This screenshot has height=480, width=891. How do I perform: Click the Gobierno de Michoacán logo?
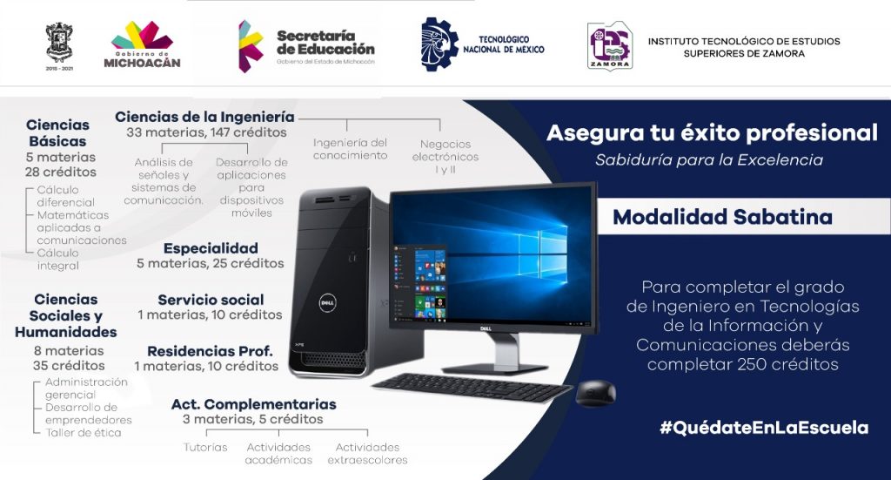(142, 44)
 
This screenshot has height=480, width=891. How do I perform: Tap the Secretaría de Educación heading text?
(325, 43)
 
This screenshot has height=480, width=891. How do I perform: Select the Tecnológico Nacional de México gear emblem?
(439, 44)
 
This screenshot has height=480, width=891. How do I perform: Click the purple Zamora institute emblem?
(610, 45)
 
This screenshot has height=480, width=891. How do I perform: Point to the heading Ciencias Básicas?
(58, 133)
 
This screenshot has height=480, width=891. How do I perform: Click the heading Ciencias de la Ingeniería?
(204, 117)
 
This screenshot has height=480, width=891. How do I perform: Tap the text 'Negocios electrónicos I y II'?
(445, 157)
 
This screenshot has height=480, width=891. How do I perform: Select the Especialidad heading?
(211, 248)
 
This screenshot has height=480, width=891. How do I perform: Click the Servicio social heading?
(211, 300)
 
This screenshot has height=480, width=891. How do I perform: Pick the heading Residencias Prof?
(210, 351)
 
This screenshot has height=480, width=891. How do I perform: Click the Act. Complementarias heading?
(253, 404)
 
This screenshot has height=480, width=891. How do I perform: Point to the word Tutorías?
(205, 448)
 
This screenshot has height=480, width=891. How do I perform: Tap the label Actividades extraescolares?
(368, 453)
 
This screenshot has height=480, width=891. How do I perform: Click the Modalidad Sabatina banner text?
(723, 217)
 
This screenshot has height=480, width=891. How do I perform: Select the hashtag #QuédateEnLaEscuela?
(764, 427)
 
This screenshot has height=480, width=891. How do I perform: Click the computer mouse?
(595, 393)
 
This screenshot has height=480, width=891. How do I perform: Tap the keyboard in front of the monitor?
(472, 388)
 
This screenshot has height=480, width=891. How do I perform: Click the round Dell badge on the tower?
(327, 303)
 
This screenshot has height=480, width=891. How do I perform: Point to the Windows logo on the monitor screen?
(543, 250)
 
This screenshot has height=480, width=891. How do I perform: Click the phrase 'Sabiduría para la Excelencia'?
(708, 159)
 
